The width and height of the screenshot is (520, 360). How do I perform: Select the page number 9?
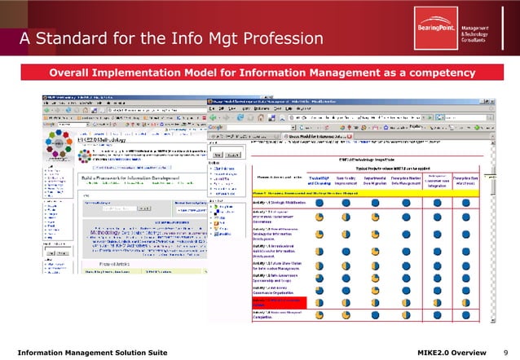click(x=505, y=351)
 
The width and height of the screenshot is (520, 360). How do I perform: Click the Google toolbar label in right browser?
click(x=215, y=127)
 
